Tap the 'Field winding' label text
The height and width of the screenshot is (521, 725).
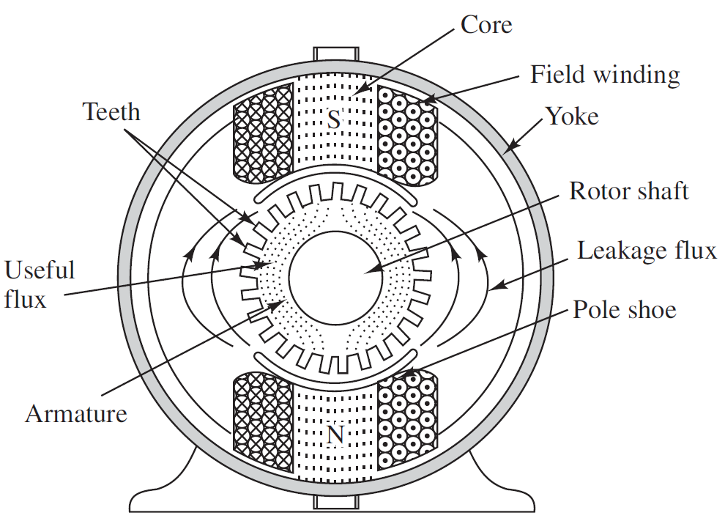point(605,74)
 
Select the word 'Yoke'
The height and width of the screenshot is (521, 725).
point(571,116)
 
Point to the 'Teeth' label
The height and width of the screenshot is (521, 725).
point(111,111)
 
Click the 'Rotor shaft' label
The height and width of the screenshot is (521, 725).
point(629,191)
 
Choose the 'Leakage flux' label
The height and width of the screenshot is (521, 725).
point(647,251)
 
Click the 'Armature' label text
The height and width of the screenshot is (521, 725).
point(76,413)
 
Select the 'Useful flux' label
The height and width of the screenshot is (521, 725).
point(40,284)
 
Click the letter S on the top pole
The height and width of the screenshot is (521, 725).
point(334,119)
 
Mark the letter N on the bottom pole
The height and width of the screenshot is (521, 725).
point(335,435)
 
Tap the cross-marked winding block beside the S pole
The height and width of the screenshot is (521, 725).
point(261,132)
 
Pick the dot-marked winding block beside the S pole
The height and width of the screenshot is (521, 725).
point(406,132)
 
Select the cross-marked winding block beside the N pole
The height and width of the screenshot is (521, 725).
point(261,414)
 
